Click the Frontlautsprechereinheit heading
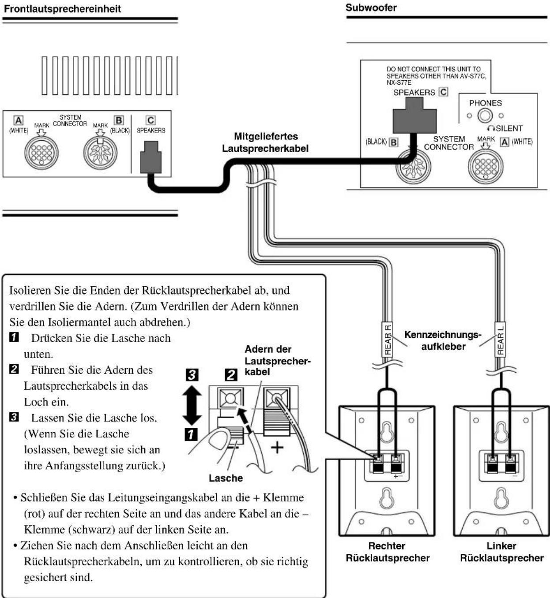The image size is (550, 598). (x=62, y=9)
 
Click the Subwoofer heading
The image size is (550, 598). (x=371, y=7)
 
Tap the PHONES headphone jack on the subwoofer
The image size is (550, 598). (x=485, y=116)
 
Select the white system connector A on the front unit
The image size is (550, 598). (x=41, y=152)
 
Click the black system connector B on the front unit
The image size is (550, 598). (x=100, y=152)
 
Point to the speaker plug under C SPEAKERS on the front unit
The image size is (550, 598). (x=151, y=157)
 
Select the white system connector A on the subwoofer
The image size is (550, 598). (x=485, y=166)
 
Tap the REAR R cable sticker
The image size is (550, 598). (x=388, y=340)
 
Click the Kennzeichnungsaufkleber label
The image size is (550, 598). (x=443, y=340)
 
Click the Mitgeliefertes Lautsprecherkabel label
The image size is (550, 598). (x=265, y=142)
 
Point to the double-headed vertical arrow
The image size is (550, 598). (x=192, y=405)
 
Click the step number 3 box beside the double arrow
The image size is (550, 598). (x=192, y=375)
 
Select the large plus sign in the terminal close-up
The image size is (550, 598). (x=277, y=447)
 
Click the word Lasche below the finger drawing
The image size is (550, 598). (x=226, y=478)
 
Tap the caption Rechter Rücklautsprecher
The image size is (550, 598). (x=388, y=552)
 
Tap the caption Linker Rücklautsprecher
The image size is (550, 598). (x=501, y=552)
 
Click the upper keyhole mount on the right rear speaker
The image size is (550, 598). (x=387, y=431)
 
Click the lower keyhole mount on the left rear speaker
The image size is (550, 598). (x=501, y=498)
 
